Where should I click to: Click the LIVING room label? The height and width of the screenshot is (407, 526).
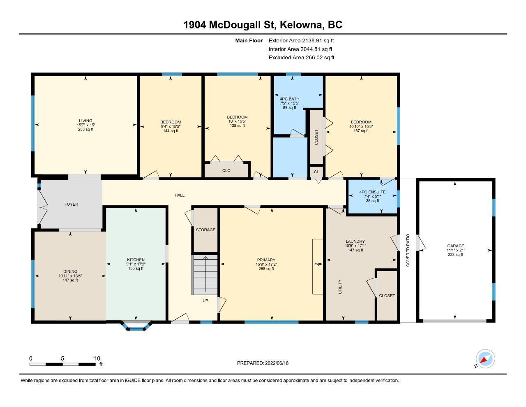(x=85, y=121)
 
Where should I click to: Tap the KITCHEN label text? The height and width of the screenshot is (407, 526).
(x=136, y=260)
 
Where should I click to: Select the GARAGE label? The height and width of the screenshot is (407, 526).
(x=456, y=246)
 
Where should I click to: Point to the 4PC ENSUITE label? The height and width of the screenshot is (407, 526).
(x=373, y=192)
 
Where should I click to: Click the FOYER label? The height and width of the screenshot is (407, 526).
(x=71, y=205)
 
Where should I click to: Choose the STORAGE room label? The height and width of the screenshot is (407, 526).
(x=205, y=230)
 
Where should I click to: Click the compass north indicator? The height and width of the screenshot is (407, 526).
(x=485, y=359)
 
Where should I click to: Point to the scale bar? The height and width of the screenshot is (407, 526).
(x=62, y=364)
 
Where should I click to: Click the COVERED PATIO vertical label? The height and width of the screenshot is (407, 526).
(x=408, y=250)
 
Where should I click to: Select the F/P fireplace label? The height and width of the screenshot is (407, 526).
(x=317, y=265)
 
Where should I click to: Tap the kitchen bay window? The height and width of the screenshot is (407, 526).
(x=136, y=326)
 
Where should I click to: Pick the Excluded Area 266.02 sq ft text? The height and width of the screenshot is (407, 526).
(x=301, y=58)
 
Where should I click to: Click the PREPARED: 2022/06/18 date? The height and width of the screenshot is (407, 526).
(x=263, y=363)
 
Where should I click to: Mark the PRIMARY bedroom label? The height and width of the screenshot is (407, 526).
(x=266, y=260)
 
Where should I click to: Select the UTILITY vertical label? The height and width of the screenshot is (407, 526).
(x=340, y=287)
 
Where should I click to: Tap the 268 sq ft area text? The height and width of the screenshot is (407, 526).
(x=266, y=269)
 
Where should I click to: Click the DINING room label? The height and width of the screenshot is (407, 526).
(x=70, y=272)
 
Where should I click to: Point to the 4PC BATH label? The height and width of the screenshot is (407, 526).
(x=290, y=99)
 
